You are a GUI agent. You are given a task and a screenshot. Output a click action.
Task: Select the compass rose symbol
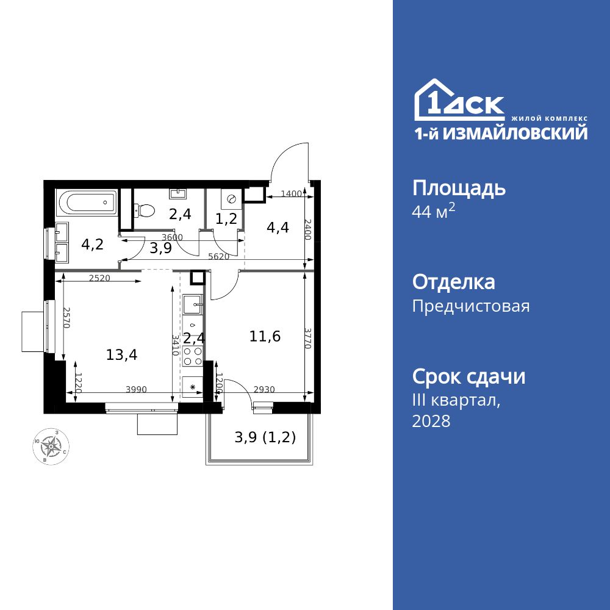51,447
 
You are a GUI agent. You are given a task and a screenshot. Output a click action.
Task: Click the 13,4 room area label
121,354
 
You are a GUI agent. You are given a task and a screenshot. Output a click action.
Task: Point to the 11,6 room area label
265,335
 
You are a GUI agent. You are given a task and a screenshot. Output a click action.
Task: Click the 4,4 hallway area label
278,228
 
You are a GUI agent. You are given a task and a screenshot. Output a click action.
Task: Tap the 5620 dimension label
218,257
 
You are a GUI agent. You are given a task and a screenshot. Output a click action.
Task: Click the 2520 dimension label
99,278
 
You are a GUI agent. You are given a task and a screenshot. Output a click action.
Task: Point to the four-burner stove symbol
193,356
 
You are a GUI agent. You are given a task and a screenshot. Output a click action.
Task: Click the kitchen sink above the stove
193,301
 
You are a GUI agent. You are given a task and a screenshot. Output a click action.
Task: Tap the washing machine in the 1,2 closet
231,199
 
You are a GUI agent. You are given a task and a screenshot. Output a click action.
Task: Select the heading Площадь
459,188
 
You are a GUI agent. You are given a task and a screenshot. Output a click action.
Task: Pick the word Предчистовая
471,306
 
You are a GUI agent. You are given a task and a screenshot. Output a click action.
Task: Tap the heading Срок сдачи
468,376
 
